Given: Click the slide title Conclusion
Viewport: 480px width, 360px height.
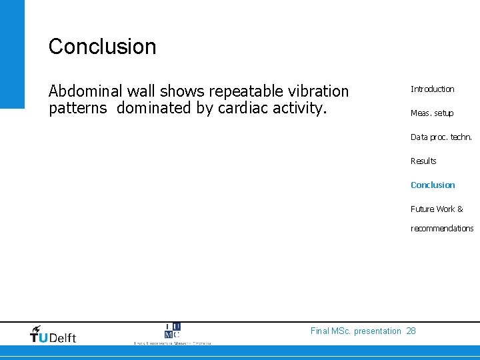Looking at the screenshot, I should (x=102, y=47).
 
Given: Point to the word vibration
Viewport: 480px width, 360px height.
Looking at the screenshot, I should (x=319, y=91).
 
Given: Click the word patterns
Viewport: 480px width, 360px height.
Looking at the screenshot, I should (x=77, y=108).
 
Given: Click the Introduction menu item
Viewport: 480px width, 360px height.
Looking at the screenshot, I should (x=432, y=89).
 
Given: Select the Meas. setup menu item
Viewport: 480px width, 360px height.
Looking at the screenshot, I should (x=431, y=113).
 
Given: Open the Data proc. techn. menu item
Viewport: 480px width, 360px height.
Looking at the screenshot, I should (x=441, y=137).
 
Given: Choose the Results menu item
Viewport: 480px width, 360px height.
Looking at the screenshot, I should (x=423, y=161).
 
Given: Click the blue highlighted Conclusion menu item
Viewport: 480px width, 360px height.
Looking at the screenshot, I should (x=433, y=185).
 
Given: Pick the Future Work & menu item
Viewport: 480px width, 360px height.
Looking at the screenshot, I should (x=437, y=209).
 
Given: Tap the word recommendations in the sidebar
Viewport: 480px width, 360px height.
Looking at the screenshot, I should (x=442, y=229).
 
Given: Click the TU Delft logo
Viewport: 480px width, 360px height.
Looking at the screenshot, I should (x=53, y=335).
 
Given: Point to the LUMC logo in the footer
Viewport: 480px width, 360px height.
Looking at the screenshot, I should (x=172, y=333).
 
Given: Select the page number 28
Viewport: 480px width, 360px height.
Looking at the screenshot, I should (x=411, y=331).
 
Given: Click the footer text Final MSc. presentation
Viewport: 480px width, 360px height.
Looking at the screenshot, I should (x=356, y=331).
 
